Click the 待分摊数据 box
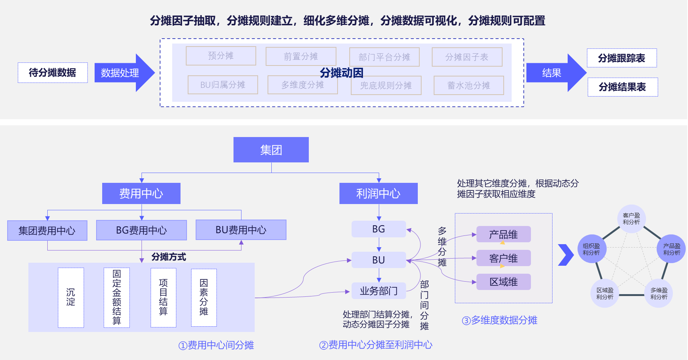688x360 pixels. [x=53, y=73]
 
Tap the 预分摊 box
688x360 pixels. [x=221, y=56]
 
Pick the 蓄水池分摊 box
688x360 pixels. [x=469, y=86]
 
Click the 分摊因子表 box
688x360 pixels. [x=467, y=57]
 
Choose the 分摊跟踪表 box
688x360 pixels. [x=621, y=58]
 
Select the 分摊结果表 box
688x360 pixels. [x=622, y=87]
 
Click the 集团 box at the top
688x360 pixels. [x=271, y=150]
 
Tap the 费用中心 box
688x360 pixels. [x=141, y=193]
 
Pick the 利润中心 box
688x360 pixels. [x=378, y=193]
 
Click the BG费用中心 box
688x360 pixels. [x=141, y=230]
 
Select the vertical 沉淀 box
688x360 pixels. [x=71, y=298]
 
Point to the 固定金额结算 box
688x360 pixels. [x=117, y=298]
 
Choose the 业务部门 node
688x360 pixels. [x=378, y=291]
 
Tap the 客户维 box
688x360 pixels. [x=503, y=258]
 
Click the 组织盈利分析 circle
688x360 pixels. [x=591, y=249]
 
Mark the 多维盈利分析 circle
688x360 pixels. [x=659, y=293]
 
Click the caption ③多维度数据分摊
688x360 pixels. [x=500, y=320]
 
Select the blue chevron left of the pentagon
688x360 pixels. [x=566, y=255]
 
